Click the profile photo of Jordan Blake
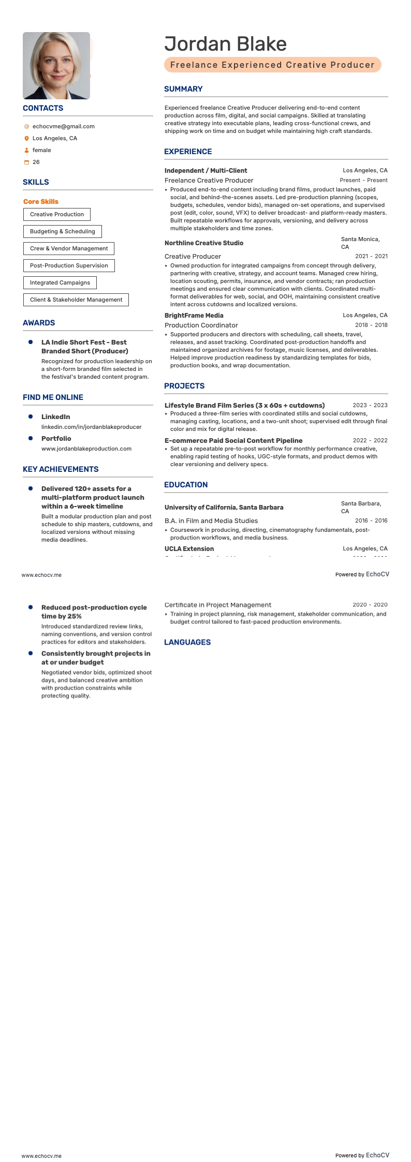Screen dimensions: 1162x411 (56, 66)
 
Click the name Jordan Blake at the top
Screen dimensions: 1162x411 (225, 44)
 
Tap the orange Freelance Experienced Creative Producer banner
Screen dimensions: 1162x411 (272, 65)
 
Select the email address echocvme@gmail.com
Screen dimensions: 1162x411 (63, 126)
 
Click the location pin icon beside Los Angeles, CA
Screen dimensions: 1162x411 (26, 139)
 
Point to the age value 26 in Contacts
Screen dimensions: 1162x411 (36, 162)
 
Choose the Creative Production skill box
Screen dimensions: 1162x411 (57, 214)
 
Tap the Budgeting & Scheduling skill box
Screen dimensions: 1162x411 (63, 231)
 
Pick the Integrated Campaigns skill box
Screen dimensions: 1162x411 (60, 282)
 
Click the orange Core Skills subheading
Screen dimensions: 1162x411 (41, 202)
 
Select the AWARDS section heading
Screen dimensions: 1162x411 (39, 323)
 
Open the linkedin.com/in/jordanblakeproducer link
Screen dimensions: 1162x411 (91, 427)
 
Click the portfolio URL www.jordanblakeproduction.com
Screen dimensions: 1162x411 (86, 449)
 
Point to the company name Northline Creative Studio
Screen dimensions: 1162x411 (204, 243)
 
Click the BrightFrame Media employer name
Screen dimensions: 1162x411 (194, 315)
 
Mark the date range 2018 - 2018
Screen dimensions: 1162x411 (371, 325)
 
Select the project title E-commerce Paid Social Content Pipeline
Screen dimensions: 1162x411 (233, 441)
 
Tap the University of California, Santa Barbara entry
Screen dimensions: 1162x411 (224, 508)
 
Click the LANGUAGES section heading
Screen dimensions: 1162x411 (187, 642)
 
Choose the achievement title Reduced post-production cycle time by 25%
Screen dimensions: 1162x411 (94, 612)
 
